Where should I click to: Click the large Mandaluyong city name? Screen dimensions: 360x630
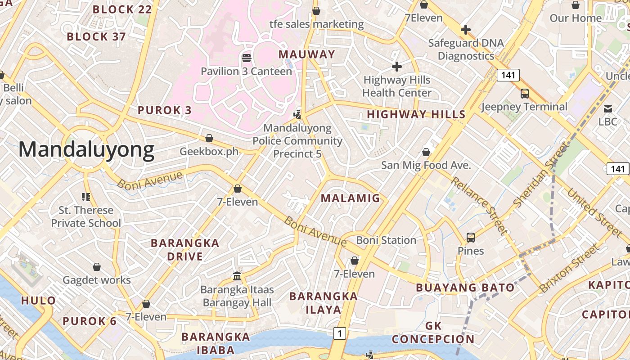coord(86,149)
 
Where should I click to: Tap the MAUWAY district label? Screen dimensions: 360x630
coord(307,54)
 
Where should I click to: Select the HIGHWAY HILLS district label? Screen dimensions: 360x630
coord(416,114)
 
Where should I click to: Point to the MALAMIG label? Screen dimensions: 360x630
coord(350,198)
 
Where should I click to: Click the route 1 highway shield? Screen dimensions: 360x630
coord(340,333)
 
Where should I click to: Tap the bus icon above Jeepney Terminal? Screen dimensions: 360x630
coord(525,94)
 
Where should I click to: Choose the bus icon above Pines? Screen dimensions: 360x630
coord(471,237)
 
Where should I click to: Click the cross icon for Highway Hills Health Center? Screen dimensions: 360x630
coord(396,67)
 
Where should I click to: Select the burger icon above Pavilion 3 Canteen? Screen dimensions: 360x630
coord(246,58)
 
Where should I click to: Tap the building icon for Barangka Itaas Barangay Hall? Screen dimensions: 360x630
coord(237,276)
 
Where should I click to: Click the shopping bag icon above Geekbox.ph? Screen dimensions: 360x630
coord(209,138)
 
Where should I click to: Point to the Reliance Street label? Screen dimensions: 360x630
coord(479,206)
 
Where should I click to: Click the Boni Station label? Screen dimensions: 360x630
coord(386,240)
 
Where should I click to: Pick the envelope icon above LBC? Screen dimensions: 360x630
coord(607,108)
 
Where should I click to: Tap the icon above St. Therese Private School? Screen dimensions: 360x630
coord(86,197)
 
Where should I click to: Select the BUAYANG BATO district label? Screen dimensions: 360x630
coord(465,288)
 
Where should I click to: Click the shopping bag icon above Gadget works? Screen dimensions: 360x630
coord(96,267)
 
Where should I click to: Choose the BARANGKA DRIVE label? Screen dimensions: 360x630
coord(185,250)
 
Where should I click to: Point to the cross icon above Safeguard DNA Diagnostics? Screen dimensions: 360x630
coord(466,30)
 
